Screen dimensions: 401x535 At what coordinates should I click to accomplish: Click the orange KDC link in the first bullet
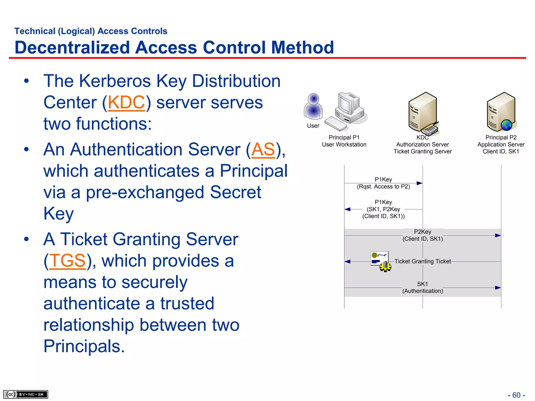pyautogui.click(x=126, y=102)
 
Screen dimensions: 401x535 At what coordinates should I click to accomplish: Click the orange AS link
pyautogui.click(x=263, y=150)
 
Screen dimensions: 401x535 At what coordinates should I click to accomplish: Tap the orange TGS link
pyautogui.click(x=67, y=261)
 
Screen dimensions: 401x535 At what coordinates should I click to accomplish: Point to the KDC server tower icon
pyautogui.click(x=423, y=112)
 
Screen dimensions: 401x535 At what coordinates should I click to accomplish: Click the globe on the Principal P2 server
pyautogui.click(x=506, y=125)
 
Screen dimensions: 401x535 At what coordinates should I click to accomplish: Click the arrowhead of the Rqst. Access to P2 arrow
pyautogui.click(x=419, y=183)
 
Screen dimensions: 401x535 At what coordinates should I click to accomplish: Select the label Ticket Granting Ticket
pyautogui.click(x=422, y=261)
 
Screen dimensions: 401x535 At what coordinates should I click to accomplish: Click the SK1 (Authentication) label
pyautogui.click(x=422, y=287)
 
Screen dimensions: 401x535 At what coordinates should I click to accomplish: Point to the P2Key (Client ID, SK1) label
pyautogui.click(x=422, y=235)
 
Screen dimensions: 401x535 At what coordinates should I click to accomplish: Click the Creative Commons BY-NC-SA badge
pyautogui.click(x=26, y=394)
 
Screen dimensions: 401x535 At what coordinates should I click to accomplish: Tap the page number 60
pyautogui.click(x=516, y=395)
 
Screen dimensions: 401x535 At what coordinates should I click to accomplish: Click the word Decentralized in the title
pyautogui.click(x=72, y=48)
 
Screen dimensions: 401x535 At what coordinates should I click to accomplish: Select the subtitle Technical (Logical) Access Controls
pyautogui.click(x=91, y=31)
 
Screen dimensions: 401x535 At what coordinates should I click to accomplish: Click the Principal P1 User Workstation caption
pyautogui.click(x=344, y=141)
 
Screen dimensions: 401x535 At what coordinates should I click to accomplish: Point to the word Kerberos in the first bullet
pyautogui.click(x=115, y=81)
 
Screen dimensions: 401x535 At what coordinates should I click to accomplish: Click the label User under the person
pyautogui.click(x=313, y=126)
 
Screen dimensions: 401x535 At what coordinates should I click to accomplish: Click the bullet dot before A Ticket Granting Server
pyautogui.click(x=26, y=239)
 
